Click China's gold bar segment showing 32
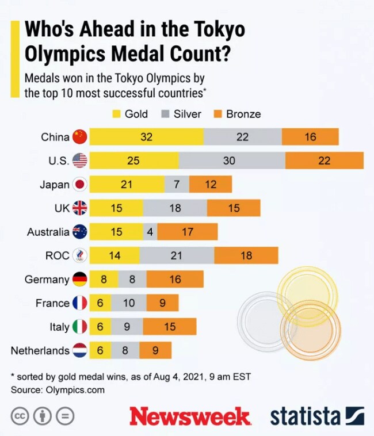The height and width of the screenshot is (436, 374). [x=146, y=137]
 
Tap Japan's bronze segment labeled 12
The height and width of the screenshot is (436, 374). [x=210, y=184]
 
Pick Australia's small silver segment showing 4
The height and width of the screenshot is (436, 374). [x=150, y=232]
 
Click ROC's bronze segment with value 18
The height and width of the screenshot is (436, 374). [x=246, y=255]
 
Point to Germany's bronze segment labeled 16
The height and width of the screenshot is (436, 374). [x=175, y=280]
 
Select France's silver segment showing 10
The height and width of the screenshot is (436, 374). [x=128, y=303]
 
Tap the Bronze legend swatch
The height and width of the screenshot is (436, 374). [x=216, y=114]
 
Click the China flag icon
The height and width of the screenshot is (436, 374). [x=79, y=137]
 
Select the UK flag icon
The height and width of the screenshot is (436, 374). [x=79, y=208]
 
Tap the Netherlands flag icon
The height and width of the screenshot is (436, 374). [x=79, y=350]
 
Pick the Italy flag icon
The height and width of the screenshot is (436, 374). [x=79, y=327]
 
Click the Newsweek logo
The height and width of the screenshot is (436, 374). [x=190, y=415]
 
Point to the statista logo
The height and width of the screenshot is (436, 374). [x=317, y=415]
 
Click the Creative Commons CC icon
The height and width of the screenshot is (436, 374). [x=20, y=415]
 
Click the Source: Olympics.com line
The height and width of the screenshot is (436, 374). [x=58, y=390]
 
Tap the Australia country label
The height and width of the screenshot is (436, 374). [x=48, y=232]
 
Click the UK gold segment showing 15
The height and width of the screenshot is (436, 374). [x=116, y=208]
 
